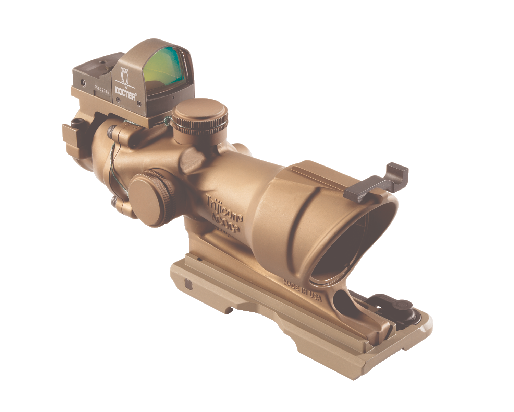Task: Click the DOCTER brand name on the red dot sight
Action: click(126, 91)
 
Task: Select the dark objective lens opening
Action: click(346, 251)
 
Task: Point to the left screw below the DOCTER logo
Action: click(118, 100)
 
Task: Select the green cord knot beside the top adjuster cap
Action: click(167, 120)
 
